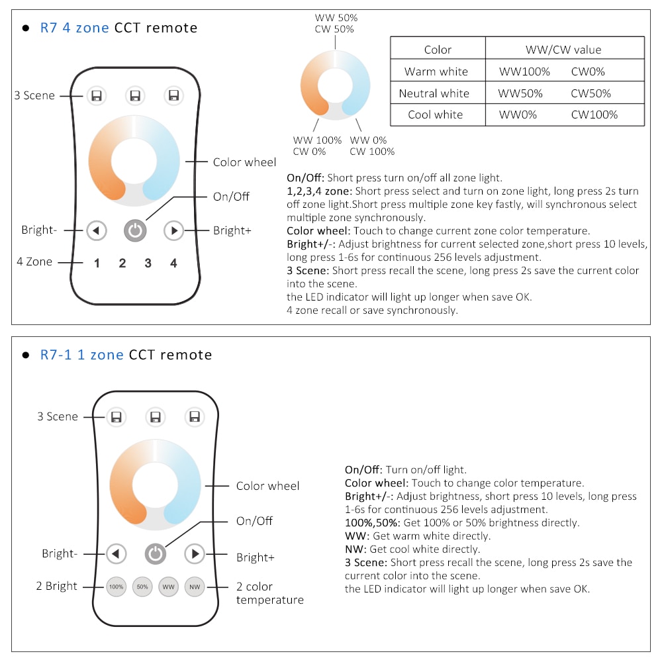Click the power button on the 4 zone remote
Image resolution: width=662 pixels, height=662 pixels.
tap(135, 230)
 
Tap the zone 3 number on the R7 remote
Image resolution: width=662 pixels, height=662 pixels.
tap(148, 263)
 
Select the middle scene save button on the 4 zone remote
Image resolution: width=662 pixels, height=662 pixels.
tap(135, 96)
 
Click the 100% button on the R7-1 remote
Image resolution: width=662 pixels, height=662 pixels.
tap(116, 587)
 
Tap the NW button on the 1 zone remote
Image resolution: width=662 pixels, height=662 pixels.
tap(195, 587)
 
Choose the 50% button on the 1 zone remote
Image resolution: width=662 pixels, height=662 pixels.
tap(142, 587)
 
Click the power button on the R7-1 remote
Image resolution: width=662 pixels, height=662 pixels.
tap(156, 553)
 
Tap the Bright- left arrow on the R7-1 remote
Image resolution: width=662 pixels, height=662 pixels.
tap(116, 553)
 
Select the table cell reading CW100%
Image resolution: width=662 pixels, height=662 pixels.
tap(594, 115)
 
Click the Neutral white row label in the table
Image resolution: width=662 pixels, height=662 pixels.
tap(434, 93)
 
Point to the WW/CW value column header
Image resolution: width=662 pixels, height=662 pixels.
tap(563, 50)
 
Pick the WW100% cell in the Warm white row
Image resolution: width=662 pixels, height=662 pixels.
tap(524, 71)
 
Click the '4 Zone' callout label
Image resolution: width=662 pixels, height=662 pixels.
tap(34, 261)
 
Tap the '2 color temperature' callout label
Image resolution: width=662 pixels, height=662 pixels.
tap(270, 593)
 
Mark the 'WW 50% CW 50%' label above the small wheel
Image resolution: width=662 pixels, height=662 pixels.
tap(336, 23)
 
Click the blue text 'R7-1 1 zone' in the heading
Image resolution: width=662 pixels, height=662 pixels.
tap(81, 355)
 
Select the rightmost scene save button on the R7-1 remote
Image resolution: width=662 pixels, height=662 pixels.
tap(195, 416)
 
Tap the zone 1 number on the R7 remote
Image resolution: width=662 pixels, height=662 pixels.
tap(97, 263)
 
